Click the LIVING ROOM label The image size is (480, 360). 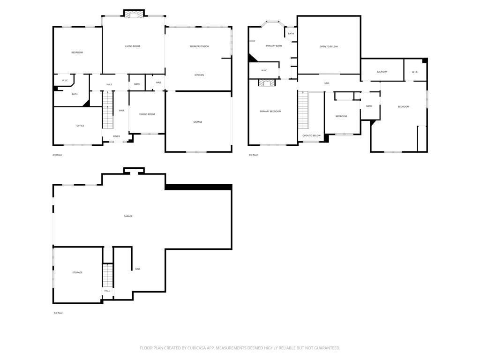[x=132, y=46]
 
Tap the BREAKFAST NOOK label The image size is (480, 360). [x=199, y=46]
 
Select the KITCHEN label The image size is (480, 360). [x=199, y=75]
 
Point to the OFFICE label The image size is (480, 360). [x=80, y=126]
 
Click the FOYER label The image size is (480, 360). [x=116, y=136]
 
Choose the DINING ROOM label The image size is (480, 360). [x=147, y=114]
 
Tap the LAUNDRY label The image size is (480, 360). [x=382, y=72]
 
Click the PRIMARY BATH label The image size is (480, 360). [x=274, y=46]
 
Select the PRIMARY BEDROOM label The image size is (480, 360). [x=270, y=112]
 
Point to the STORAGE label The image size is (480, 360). [x=77, y=272]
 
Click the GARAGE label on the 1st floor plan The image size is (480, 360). [x=128, y=216]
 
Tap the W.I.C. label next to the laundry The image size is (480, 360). [x=415, y=72]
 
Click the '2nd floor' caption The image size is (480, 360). [x=58, y=155]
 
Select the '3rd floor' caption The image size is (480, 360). [x=253, y=155]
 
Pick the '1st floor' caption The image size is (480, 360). [x=58, y=313]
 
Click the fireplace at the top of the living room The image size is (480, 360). [x=134, y=15]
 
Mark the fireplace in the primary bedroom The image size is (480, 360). [x=267, y=83]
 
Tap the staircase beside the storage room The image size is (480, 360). [x=108, y=276]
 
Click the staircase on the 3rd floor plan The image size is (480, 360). [x=304, y=110]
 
